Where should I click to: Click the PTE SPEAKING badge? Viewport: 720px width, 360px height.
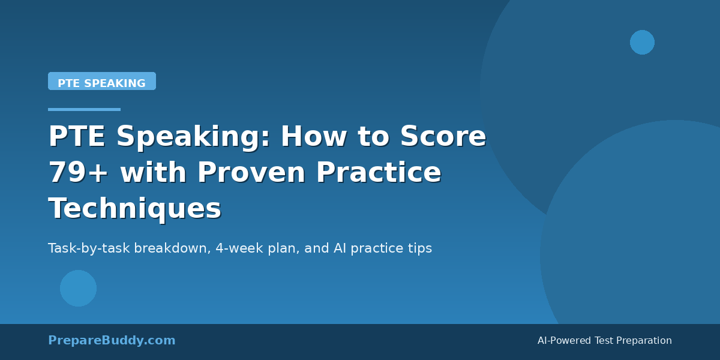[102, 82]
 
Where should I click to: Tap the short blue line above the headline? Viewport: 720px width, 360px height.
[84, 109]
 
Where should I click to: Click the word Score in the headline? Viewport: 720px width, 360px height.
[443, 137]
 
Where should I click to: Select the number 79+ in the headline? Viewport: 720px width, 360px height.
[78, 173]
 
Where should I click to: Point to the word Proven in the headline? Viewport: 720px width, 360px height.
[252, 173]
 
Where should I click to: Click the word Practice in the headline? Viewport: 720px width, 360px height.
[379, 173]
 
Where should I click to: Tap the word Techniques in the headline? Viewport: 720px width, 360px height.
[135, 209]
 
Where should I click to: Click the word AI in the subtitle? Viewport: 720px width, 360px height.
[340, 248]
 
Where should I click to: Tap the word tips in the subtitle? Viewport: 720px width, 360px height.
[419, 248]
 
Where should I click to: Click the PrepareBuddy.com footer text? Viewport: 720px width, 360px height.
[112, 341]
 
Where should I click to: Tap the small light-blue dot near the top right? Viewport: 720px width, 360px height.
[642, 42]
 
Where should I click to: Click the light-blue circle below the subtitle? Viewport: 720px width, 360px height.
[78, 288]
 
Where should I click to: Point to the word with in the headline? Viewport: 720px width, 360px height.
[152, 173]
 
